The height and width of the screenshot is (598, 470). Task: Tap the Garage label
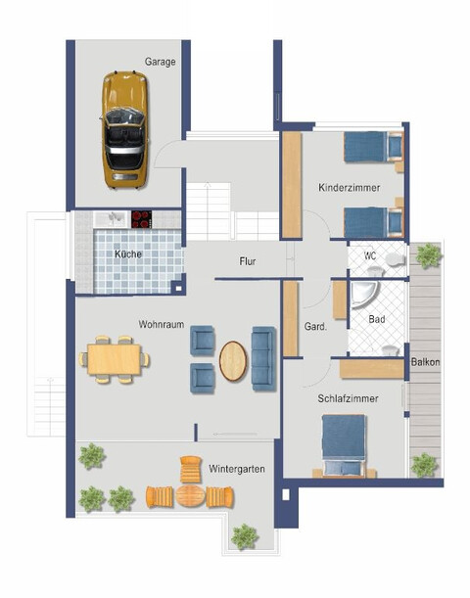pos(160,62)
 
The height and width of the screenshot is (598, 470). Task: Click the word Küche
pos(127,254)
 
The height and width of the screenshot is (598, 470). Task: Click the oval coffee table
pos(233,359)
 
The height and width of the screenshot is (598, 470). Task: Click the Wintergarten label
pos(237,469)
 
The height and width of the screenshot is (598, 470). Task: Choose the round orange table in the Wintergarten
pos(192,495)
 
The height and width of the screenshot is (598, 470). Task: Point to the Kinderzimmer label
pos(347,186)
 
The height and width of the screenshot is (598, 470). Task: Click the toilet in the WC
pos(394,258)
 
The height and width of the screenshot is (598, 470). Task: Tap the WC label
pos(371,255)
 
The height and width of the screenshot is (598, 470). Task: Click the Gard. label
pos(315,326)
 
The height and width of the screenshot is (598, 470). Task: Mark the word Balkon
pos(425,361)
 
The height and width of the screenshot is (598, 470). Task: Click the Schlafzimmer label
pos(348,398)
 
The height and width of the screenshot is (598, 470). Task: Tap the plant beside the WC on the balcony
pos(428,255)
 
